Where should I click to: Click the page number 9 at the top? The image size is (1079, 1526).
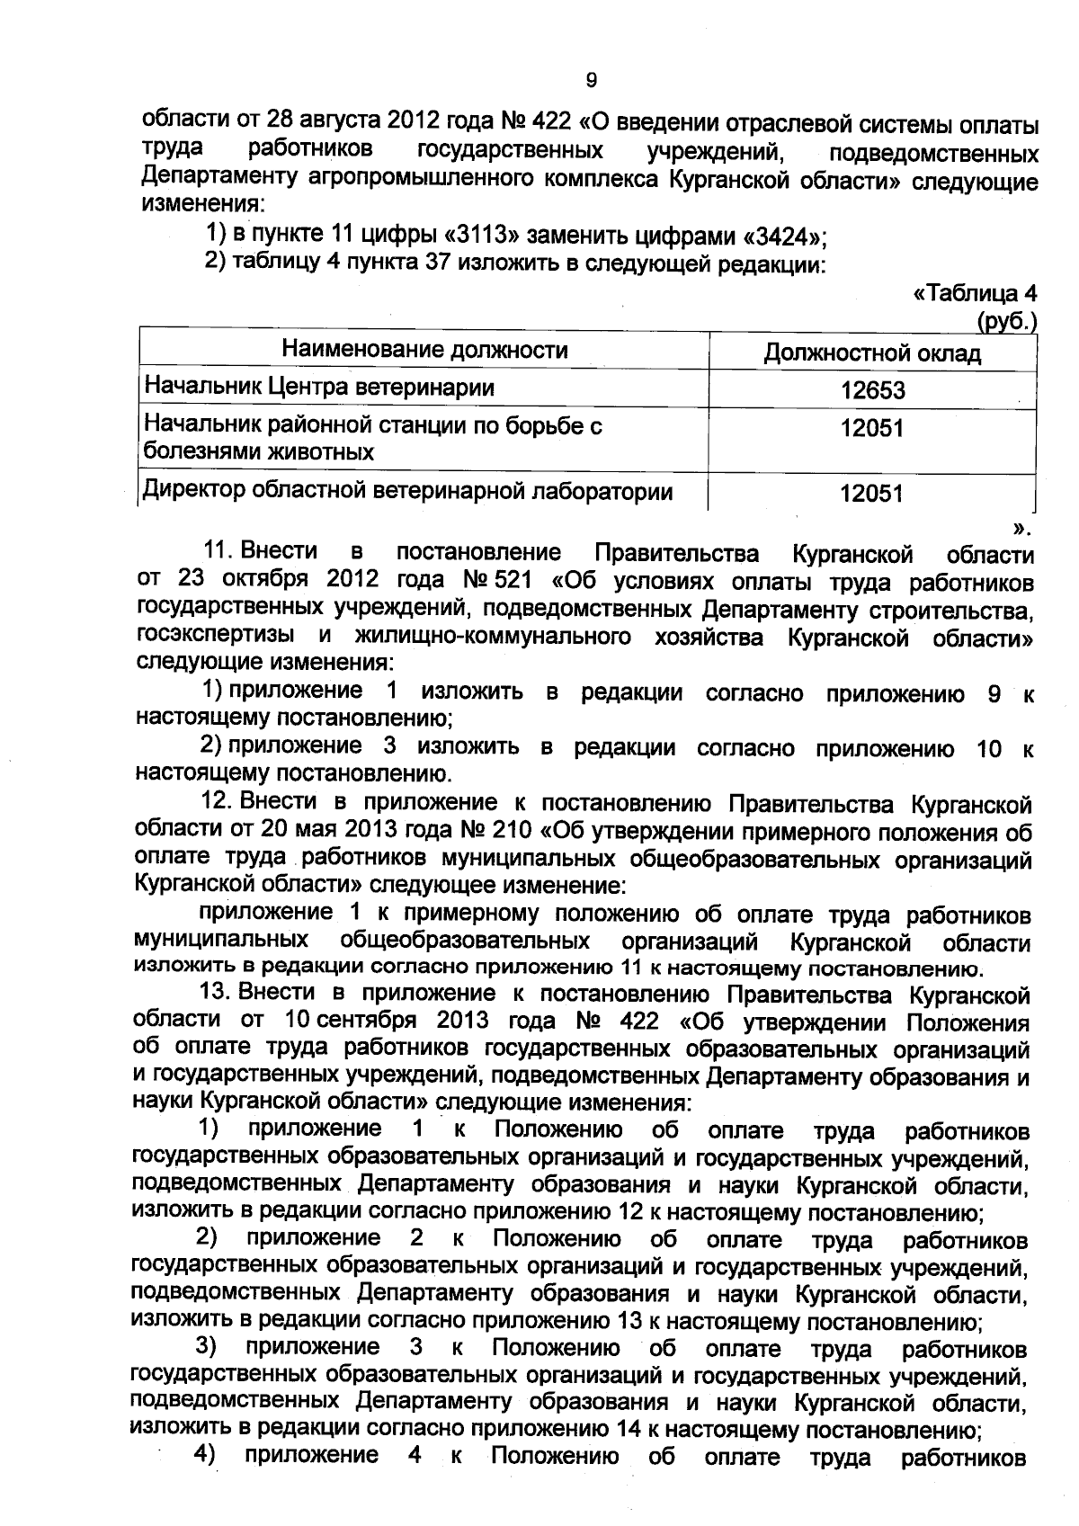coord(591,81)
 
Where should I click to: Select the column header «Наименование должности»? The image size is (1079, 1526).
coord(424,350)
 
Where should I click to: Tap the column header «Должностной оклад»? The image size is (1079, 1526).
coord(871,352)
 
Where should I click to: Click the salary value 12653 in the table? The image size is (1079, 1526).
coord(872,390)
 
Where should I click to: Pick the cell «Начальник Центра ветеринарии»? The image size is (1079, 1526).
coord(320,388)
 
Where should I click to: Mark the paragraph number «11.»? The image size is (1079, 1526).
coord(224,550)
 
